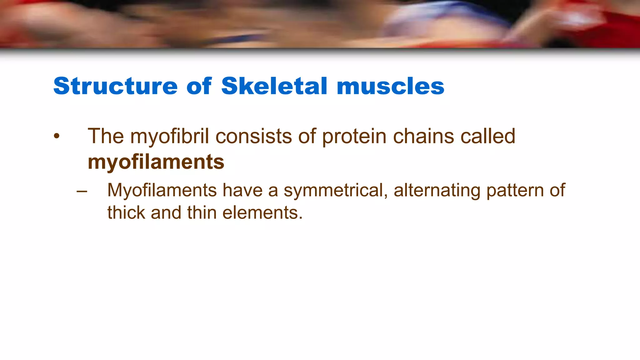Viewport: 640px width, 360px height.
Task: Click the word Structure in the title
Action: point(115,86)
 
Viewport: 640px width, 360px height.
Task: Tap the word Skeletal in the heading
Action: point(274,86)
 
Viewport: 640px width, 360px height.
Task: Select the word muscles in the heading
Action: point(390,86)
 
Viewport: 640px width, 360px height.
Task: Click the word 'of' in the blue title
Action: point(199,86)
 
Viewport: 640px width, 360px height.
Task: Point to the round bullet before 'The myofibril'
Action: point(56,137)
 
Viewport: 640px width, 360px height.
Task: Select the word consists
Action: point(253,137)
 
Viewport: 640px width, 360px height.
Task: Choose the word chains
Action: point(423,137)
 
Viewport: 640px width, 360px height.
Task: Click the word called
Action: point(488,137)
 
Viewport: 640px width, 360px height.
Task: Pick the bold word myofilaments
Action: point(156,162)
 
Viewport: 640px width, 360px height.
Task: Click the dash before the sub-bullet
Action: point(82,191)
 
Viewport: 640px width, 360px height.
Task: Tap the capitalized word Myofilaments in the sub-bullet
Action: point(162,190)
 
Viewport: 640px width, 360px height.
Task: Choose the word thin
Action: point(202,213)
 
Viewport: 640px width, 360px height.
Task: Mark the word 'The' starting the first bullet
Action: point(106,137)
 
